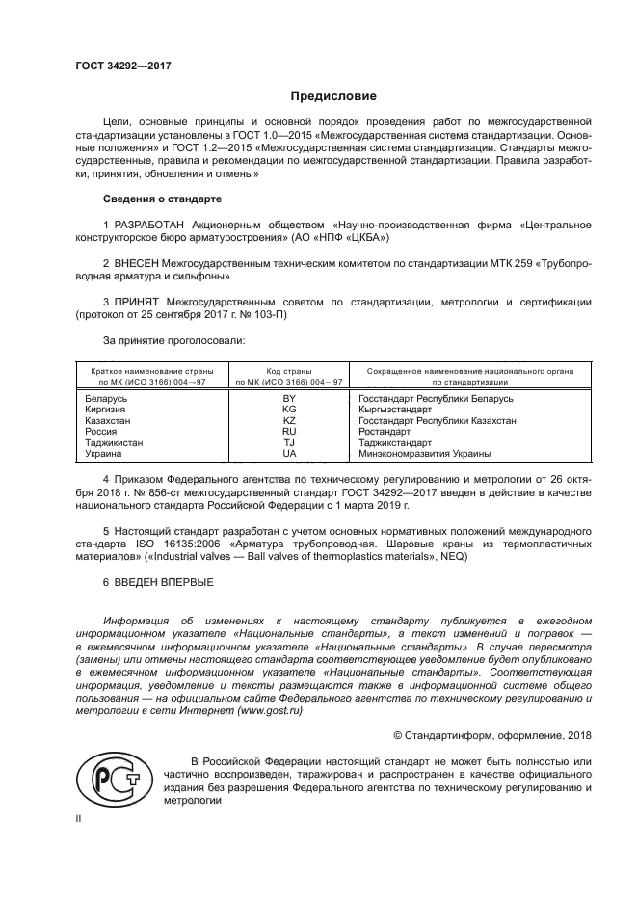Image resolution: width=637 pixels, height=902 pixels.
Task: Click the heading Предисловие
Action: point(334,96)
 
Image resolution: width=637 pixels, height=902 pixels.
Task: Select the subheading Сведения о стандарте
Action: point(162,199)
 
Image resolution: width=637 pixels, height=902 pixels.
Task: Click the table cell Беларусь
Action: point(106,398)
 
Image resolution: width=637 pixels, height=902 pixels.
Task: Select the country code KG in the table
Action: point(288,410)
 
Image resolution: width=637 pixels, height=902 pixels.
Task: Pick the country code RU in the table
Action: point(288,432)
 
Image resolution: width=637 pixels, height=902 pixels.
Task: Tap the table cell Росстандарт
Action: point(385,432)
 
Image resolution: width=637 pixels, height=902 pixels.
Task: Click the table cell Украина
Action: point(104,454)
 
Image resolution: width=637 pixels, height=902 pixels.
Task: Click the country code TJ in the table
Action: point(288,442)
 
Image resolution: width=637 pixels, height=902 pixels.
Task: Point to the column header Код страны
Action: point(288,371)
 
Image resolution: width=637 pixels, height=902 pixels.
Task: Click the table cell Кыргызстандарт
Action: point(393,410)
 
